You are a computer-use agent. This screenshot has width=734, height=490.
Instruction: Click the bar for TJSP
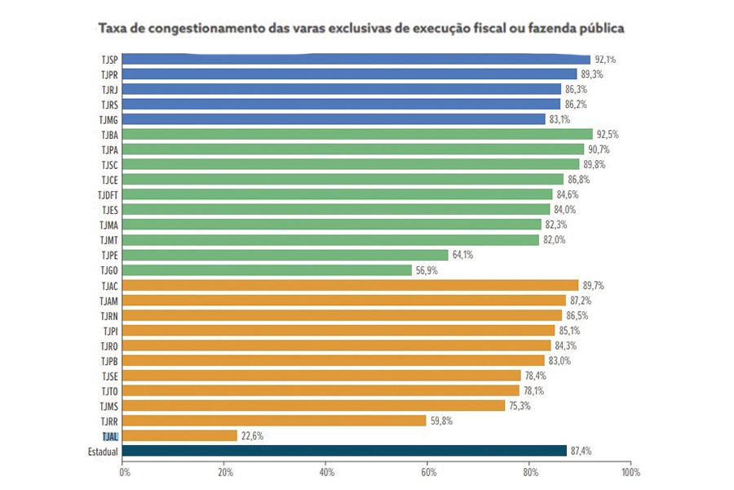click(356, 59)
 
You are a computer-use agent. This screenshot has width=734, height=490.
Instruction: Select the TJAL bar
click(180, 436)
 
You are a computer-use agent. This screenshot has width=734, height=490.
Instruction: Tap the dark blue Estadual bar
click(345, 451)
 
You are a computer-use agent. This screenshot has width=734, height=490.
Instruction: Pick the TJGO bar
click(268, 269)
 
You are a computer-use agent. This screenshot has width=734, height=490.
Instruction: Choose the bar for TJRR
click(275, 421)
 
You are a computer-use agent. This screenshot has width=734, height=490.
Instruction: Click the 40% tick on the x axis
click(327, 473)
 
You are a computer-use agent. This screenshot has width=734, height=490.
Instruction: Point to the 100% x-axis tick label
click(630, 473)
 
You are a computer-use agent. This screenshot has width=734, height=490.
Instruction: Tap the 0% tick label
click(125, 473)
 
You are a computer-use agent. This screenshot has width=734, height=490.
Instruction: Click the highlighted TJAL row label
click(110, 436)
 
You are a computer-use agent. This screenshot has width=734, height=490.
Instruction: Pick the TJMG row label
click(109, 119)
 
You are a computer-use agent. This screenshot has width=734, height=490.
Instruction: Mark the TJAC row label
click(110, 285)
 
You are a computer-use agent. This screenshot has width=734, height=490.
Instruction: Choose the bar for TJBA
click(358, 134)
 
